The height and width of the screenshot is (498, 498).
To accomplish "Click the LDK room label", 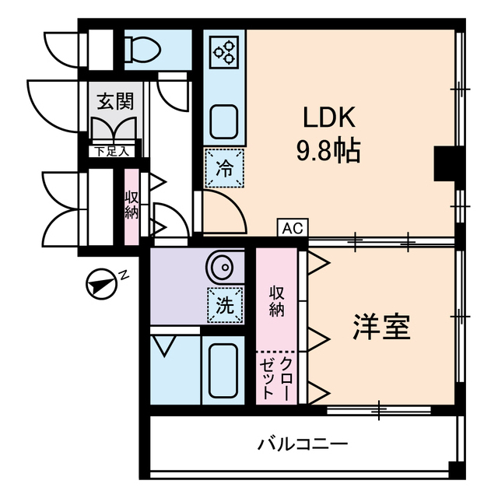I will point(328,118).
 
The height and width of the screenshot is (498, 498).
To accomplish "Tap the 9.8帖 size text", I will point(328,150).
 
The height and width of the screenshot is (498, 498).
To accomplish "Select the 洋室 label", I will point(381,328).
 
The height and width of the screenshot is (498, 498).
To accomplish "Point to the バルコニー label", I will point(303,444).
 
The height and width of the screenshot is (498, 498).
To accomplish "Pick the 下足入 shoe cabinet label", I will point(114,151).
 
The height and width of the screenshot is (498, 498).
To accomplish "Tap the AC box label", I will point(293,228).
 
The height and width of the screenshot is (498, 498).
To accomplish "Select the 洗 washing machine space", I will point(224,306).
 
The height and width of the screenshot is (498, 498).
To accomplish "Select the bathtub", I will point(223,370).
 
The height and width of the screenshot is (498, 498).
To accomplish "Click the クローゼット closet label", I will point(276,378).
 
